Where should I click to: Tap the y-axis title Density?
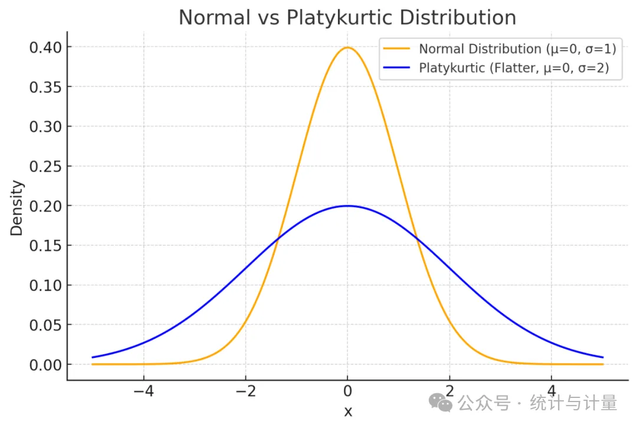[x=17, y=208]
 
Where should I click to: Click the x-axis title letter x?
[x=348, y=412]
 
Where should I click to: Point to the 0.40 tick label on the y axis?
[x=45, y=48]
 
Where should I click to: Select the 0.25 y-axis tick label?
[x=45, y=166]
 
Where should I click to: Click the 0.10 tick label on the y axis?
[x=45, y=285]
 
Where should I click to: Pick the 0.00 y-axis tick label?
[x=45, y=365]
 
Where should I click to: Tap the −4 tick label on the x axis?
[x=144, y=391]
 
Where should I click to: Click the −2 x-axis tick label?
[x=246, y=391]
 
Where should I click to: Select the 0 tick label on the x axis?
[x=347, y=391]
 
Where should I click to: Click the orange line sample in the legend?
[x=396, y=49]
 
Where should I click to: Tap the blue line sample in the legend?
[x=396, y=67]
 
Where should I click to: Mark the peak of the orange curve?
[x=347, y=48]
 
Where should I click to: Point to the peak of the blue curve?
[x=347, y=206]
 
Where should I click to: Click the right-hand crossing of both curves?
[x=416, y=238]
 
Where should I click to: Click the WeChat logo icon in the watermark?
[x=441, y=403]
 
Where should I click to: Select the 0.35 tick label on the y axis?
[x=45, y=87]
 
